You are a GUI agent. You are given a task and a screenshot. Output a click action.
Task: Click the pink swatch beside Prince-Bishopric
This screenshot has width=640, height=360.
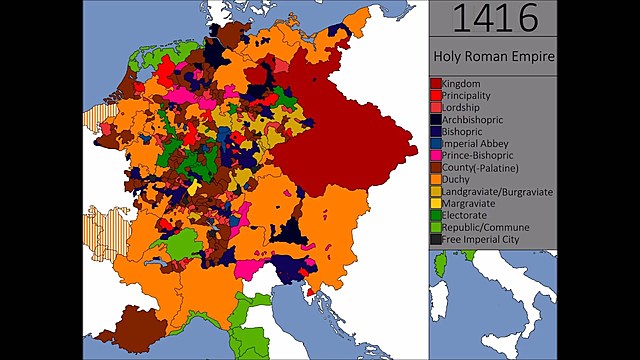[x=436, y=155]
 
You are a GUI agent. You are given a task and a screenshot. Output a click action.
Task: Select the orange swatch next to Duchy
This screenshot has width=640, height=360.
[x=436, y=179]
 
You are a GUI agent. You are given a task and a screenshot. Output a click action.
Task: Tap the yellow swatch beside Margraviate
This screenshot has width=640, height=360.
[x=436, y=203]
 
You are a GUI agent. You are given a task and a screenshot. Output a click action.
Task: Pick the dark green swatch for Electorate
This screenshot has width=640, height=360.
[x=436, y=215]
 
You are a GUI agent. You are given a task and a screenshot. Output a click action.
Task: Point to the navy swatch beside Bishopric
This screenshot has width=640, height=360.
[x=436, y=131]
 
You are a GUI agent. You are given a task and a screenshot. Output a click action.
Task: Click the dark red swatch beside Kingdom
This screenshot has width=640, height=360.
[x=436, y=82]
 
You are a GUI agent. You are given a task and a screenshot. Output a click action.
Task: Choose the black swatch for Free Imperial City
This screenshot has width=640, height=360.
[x=436, y=239]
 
